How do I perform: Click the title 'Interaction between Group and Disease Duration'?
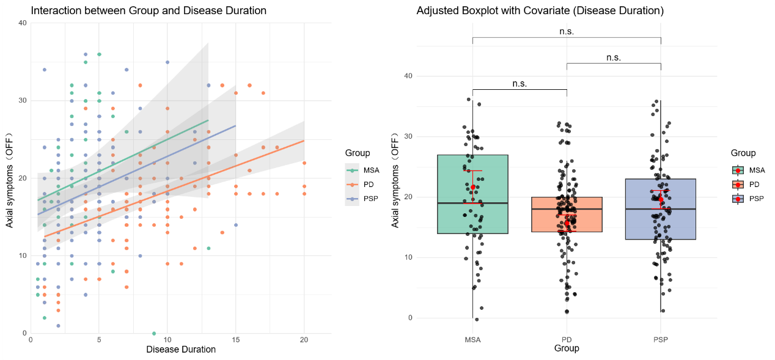(x=149, y=11)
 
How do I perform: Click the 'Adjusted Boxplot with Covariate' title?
(x=540, y=11)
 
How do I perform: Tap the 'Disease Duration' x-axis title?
(x=181, y=350)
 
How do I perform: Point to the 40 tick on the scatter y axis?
(x=22, y=23)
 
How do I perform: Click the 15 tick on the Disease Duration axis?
(x=236, y=339)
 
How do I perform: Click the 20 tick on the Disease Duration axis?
(x=304, y=339)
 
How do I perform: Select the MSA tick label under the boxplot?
(x=472, y=340)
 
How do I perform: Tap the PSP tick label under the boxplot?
(x=661, y=340)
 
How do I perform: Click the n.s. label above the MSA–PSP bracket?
(x=567, y=31)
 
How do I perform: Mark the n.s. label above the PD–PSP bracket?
(x=614, y=57)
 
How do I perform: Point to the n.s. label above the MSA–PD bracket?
(x=520, y=83)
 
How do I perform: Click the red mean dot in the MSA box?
(x=473, y=187)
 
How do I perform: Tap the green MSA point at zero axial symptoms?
(x=154, y=333)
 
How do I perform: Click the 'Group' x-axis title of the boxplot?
(x=566, y=349)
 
